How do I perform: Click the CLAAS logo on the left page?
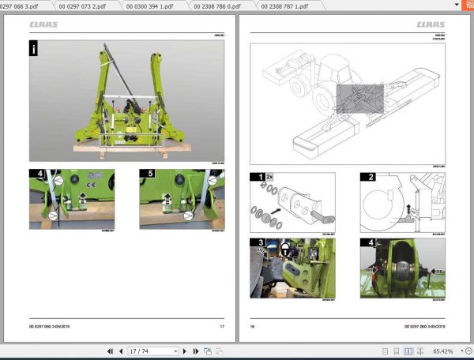[x=44, y=24]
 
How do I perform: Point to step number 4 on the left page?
[x=36, y=173]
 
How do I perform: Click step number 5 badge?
[x=146, y=173]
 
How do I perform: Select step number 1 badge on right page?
[x=256, y=178]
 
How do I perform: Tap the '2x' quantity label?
[x=269, y=178]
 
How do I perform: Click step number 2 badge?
[x=367, y=178]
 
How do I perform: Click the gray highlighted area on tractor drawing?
[x=359, y=99]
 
